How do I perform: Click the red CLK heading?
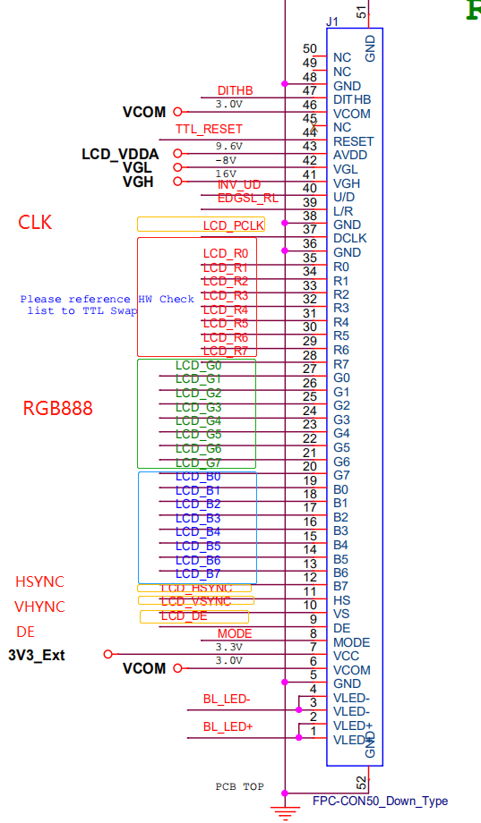coord(36,223)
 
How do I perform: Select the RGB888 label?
coord(58,409)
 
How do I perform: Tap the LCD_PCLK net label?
coord(233,225)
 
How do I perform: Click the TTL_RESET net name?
coord(209,130)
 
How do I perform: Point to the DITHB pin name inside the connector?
coord(351,100)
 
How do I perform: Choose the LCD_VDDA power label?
coord(120,154)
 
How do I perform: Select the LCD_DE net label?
coord(184,616)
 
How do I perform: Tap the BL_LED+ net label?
coord(228,727)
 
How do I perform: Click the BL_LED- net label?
coord(227,700)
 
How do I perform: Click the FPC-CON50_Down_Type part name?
coord(380,801)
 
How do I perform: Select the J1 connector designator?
coord(332,21)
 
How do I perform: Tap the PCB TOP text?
coord(239,787)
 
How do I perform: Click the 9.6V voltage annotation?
coord(229,146)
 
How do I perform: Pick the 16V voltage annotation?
coord(226,174)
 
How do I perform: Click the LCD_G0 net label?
coord(198,365)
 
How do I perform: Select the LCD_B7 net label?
coord(198,573)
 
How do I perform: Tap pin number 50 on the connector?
coord(310,49)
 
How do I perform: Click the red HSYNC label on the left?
coord(39,581)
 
